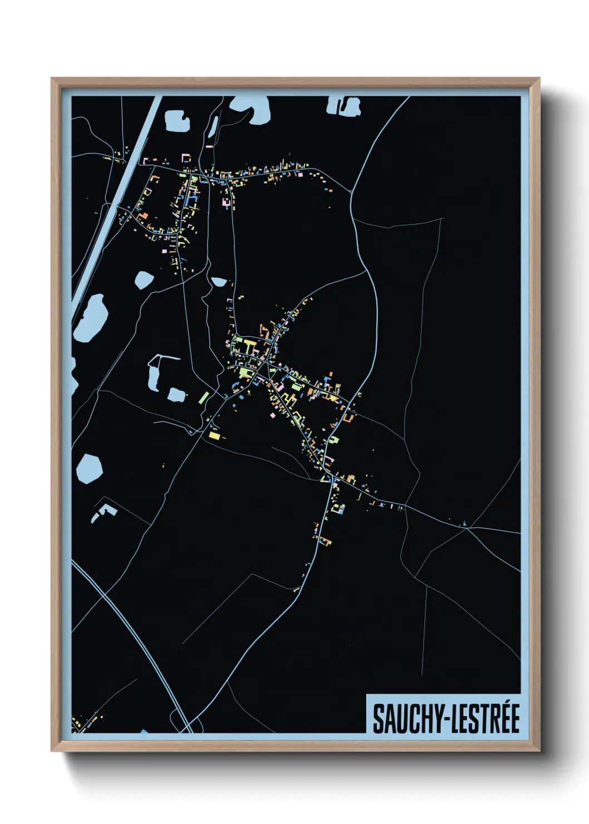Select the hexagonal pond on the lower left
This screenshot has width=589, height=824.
pyautogui.click(x=89, y=468)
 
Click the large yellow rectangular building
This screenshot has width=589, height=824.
pyautogui.click(x=214, y=435)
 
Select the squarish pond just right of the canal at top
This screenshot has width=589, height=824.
pyautogui.click(x=178, y=120)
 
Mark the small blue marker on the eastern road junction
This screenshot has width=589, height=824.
pyautogui.click(x=463, y=523)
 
